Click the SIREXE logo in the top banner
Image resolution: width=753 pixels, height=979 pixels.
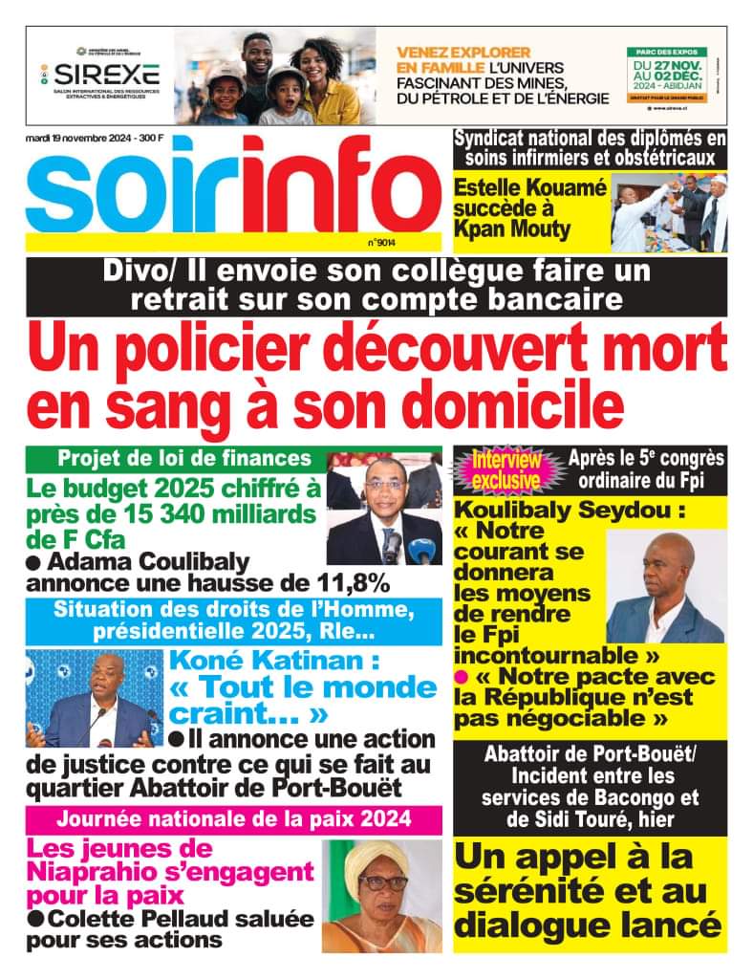pos(106,74)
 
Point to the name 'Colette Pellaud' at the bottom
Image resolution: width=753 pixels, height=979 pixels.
pos(129,920)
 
